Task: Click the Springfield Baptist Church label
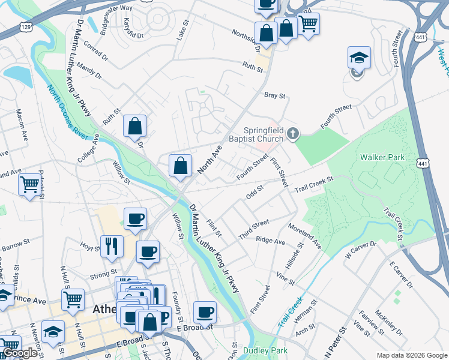point(263,135)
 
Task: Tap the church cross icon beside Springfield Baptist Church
point(292,134)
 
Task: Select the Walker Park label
point(382,157)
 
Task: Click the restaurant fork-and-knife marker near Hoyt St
point(112,246)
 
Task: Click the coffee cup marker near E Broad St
point(205,313)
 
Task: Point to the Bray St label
point(274,95)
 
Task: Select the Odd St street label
point(255,194)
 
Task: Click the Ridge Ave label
point(270,240)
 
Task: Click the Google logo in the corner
point(19,353)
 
